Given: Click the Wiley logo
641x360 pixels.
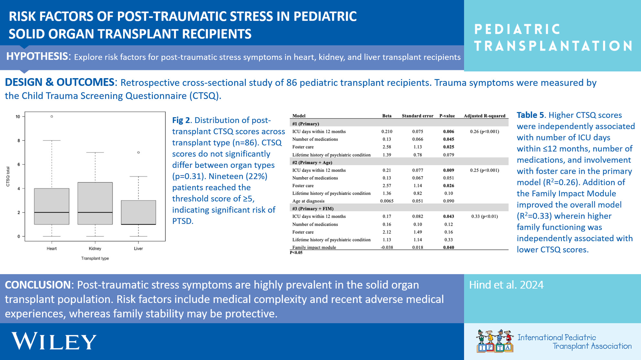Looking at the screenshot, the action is [54, 341].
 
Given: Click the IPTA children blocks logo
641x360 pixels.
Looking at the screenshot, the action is [495, 341].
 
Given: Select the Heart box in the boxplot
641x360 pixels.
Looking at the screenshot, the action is [52, 206].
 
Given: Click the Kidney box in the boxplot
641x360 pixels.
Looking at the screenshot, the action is [95, 203].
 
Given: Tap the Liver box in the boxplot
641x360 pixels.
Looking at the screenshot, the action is [138, 212].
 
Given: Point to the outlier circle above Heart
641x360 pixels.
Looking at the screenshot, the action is [52, 117].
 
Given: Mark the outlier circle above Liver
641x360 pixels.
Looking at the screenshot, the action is [138, 152].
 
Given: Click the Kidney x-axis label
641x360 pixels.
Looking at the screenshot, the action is [95, 249].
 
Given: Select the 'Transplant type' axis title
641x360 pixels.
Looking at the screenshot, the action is [95, 258].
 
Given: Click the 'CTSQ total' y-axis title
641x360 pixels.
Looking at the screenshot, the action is [8, 177].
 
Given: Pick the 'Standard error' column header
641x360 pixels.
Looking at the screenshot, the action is [417, 116].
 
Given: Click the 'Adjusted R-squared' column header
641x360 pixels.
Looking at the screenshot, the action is [485, 116].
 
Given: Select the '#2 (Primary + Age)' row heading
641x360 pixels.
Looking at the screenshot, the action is [312, 162].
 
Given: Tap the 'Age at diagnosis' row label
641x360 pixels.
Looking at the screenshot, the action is [308, 201].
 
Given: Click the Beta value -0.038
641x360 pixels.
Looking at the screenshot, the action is [387, 247].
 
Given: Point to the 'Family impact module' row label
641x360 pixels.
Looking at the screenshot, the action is [314, 247].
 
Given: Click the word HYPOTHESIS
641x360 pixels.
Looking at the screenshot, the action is [37, 57].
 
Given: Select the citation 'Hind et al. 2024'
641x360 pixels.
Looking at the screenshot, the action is [506, 285].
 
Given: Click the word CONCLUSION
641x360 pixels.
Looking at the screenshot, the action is [37, 285].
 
